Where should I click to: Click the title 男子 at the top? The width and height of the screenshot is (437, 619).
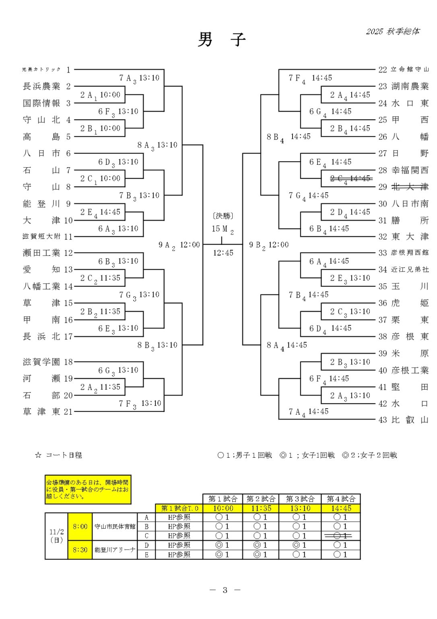pyautogui.click(x=221, y=39)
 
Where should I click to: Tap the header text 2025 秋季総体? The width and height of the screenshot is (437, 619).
pyautogui.click(x=392, y=31)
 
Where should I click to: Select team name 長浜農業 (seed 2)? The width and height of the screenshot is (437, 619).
pyautogui.click(x=41, y=86)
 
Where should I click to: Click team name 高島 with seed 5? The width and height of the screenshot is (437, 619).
pyautogui.click(x=41, y=137)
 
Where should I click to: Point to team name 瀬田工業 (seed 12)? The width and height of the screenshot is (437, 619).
pyautogui.click(x=41, y=253)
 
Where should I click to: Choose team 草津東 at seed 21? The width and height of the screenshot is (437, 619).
pyautogui.click(x=41, y=411)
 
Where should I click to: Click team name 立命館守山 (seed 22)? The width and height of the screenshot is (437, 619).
pyautogui.click(x=410, y=69)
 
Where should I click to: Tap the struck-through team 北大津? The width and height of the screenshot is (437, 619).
pyautogui.click(x=410, y=187)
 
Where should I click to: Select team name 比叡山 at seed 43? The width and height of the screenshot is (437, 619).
pyautogui.click(x=410, y=420)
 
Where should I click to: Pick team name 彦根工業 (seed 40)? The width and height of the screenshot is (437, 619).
pyautogui.click(x=410, y=370)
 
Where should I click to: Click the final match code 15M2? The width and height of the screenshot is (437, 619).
pyautogui.click(x=223, y=229)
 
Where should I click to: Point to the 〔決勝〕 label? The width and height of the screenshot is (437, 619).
pyautogui.click(x=223, y=216)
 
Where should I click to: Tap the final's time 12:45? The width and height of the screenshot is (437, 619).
pyautogui.click(x=223, y=253)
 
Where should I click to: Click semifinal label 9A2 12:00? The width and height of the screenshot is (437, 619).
pyautogui.click(x=179, y=245)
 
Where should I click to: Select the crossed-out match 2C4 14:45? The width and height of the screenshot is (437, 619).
pyautogui.click(x=350, y=178)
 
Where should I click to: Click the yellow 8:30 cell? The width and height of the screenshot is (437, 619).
pyautogui.click(x=80, y=550)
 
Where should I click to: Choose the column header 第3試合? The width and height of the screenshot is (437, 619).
pyautogui.click(x=301, y=499)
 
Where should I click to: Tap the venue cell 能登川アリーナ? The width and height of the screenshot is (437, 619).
pyautogui.click(x=115, y=550)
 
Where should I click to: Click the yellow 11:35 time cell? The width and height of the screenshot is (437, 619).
pyautogui.click(x=261, y=508)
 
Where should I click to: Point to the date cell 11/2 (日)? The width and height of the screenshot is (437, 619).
pyautogui.click(x=56, y=536)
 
